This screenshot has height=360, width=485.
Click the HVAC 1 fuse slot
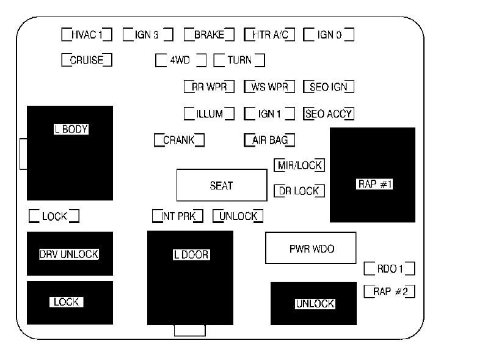click(87, 34)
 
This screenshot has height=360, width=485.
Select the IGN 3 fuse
click(148, 34)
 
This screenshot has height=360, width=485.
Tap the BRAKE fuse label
click(209, 34)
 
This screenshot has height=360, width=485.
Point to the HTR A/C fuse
click(269, 34)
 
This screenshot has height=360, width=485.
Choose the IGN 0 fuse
click(329, 34)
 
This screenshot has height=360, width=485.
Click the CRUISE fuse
click(87, 60)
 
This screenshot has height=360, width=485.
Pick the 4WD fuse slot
click(180, 61)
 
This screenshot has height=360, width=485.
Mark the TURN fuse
click(239, 61)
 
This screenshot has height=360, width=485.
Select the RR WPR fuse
click(209, 87)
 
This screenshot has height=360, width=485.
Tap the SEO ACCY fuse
click(329, 114)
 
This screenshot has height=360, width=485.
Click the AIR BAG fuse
click(269, 140)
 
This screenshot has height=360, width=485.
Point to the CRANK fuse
click(179, 140)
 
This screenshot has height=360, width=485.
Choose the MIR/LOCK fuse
click(299, 165)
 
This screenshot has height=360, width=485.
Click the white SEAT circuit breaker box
click(222, 185)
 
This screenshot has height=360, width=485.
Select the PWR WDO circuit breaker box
click(310, 248)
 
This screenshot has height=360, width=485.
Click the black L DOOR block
click(191, 278)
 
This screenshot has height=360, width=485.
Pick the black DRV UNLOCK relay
click(70, 254)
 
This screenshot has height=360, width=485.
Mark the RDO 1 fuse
click(390, 268)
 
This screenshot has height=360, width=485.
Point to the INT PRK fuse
click(178, 216)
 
